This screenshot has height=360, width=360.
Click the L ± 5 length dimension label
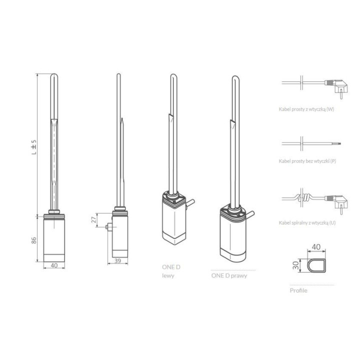[x=34, y=147]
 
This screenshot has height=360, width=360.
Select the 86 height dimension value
[x=34, y=240]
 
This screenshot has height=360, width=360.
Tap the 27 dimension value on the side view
[x=93, y=219]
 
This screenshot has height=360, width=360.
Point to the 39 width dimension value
[x=117, y=261]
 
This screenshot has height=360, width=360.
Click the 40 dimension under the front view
[x=54, y=265]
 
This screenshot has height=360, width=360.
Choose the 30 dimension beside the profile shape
[x=295, y=265]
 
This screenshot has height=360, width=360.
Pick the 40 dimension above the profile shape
[x=316, y=247]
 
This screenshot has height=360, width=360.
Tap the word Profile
[x=298, y=290]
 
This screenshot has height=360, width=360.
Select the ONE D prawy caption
[x=229, y=275]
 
